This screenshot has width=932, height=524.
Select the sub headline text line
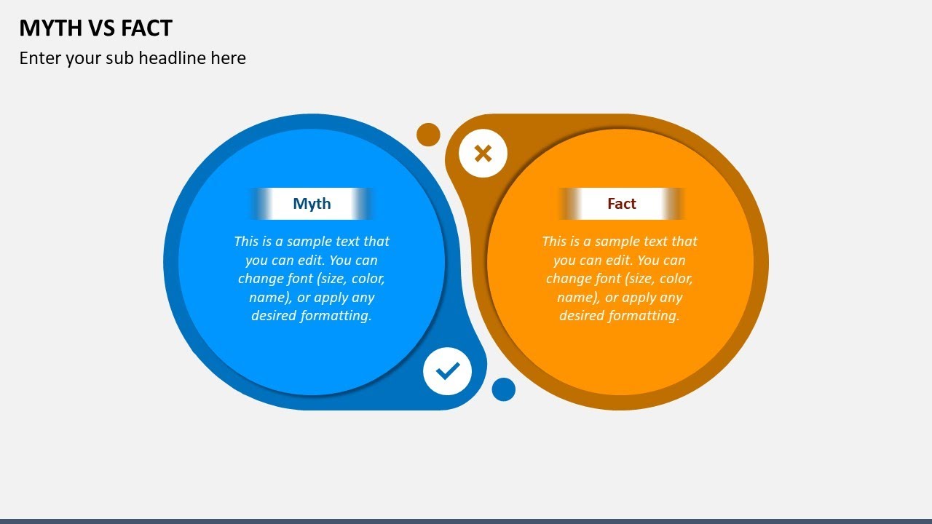133,58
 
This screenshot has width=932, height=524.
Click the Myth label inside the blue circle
312,204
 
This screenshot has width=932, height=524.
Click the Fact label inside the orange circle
622,204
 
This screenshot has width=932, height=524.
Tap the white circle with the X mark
483,154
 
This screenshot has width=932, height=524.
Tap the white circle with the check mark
448,371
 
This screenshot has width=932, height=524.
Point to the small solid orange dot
428,135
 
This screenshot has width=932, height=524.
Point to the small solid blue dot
503,389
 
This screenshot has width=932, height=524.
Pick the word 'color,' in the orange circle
675,279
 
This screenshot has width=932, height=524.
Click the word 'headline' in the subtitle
173,58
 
